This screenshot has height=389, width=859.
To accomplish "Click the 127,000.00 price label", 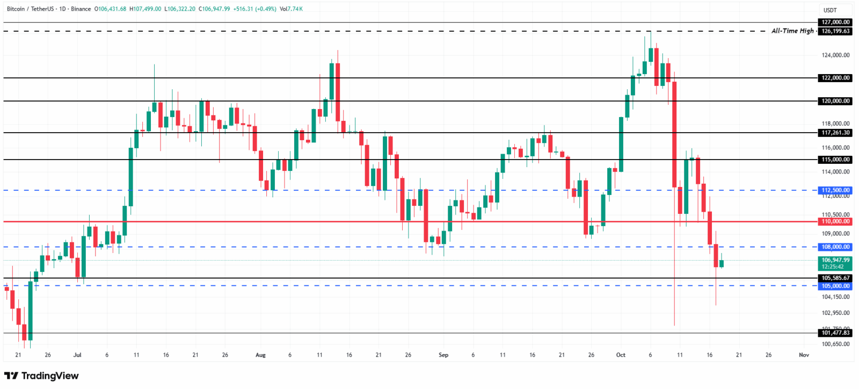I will (x=835, y=22).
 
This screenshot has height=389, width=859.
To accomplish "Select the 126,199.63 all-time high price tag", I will (x=835, y=31).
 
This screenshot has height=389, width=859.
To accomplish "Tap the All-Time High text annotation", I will (x=792, y=31).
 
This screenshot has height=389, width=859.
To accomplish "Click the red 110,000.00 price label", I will (x=835, y=221).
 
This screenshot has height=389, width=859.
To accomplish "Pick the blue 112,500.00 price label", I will (x=835, y=190).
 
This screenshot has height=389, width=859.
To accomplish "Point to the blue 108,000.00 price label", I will (x=835, y=247).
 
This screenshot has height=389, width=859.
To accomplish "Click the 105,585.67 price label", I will (x=835, y=278).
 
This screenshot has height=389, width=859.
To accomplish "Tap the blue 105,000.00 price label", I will (x=835, y=286).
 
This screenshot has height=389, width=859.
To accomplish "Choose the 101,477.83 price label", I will (x=835, y=333).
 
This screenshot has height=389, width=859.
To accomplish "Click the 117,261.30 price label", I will (x=835, y=133).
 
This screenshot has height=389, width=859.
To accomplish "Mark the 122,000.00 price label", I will (x=835, y=78).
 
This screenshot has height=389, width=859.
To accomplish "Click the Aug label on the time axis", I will (x=260, y=355).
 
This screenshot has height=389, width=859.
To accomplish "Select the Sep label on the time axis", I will (x=443, y=355).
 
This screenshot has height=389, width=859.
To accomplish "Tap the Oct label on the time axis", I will (x=621, y=355).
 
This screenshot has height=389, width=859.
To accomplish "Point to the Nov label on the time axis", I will (x=804, y=355).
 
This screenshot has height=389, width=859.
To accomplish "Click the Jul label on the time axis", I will (x=77, y=355).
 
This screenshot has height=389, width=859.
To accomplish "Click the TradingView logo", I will (x=41, y=376).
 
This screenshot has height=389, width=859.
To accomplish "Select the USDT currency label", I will (x=830, y=10).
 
